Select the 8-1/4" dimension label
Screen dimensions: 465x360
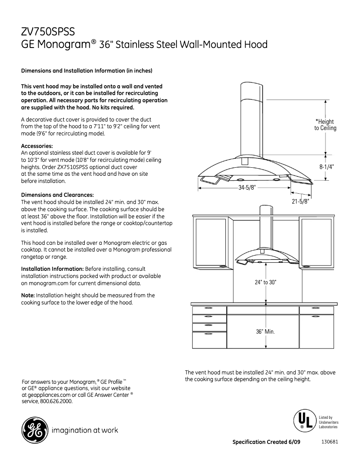click(327, 166)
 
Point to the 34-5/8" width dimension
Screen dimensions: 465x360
click(246, 188)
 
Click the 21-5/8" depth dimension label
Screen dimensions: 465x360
click(300, 202)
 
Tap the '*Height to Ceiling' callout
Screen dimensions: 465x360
click(325, 125)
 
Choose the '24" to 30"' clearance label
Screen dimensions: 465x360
click(266, 282)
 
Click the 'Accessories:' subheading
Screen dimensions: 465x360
click(37, 146)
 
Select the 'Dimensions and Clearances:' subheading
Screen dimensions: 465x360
click(57, 195)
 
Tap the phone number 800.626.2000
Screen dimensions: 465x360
click(57, 401)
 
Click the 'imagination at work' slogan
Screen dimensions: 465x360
click(85, 430)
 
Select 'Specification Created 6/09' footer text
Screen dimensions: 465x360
click(266, 442)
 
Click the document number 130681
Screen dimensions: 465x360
click(329, 442)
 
